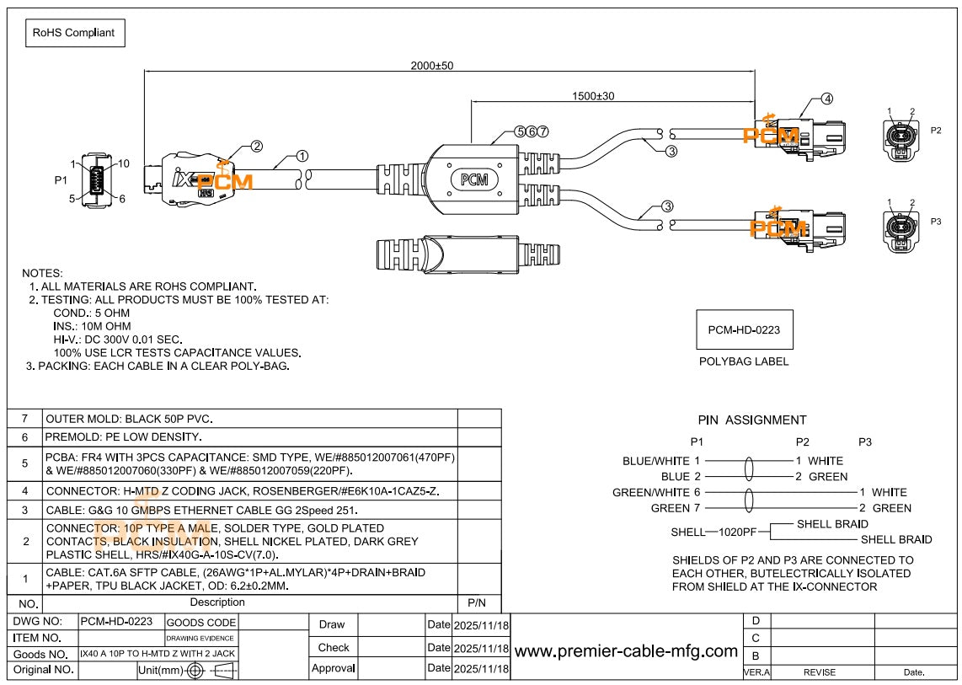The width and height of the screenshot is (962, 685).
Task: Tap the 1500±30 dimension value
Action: [594, 96]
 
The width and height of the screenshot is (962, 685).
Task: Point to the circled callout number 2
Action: [256, 146]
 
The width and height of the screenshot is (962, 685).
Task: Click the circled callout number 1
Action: [302, 156]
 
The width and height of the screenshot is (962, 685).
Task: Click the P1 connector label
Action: [60, 180]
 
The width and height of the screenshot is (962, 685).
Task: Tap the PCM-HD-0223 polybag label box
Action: [744, 329]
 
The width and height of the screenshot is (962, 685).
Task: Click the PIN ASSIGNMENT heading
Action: [751, 420]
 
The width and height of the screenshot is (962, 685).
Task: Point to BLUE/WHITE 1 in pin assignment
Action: [661, 461]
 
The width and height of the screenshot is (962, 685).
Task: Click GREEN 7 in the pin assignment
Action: [676, 508]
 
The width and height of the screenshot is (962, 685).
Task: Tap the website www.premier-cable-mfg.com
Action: [626, 650]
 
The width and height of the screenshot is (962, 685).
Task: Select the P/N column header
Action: [477, 603]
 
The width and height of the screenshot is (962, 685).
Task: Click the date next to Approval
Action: [480, 668]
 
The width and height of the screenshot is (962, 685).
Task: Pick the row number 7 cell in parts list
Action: [24, 419]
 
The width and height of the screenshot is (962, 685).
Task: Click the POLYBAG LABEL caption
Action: [744, 361]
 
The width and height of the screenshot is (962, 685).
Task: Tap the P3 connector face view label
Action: [936, 221]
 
